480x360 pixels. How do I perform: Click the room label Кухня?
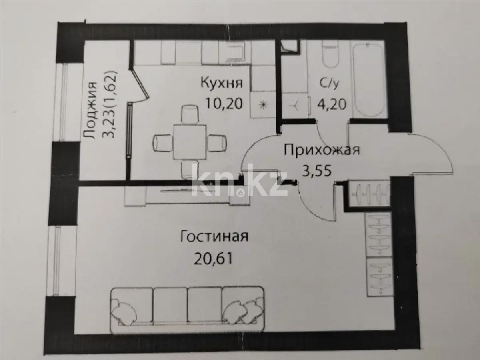tap(221, 83)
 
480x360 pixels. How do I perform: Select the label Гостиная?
tap(214, 236)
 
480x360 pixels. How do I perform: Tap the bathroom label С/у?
tap(330, 83)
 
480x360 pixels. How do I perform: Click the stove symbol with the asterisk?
tap(263, 106)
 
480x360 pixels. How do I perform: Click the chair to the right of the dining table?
tap(217, 142)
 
